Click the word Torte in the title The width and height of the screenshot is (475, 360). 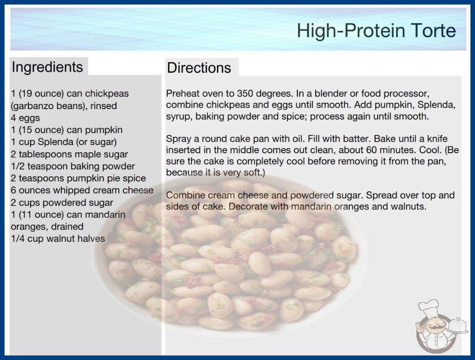point(433,30)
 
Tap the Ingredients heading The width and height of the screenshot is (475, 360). point(47,67)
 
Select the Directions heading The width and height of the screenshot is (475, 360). point(199,68)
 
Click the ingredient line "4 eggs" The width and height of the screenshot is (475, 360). point(25,118)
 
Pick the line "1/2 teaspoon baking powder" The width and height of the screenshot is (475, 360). point(73,166)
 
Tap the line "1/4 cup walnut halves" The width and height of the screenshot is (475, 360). point(58,238)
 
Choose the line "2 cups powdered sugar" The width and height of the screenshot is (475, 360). point(62,202)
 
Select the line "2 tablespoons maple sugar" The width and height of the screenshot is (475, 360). point(69,154)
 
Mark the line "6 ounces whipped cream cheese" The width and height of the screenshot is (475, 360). point(82,190)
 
